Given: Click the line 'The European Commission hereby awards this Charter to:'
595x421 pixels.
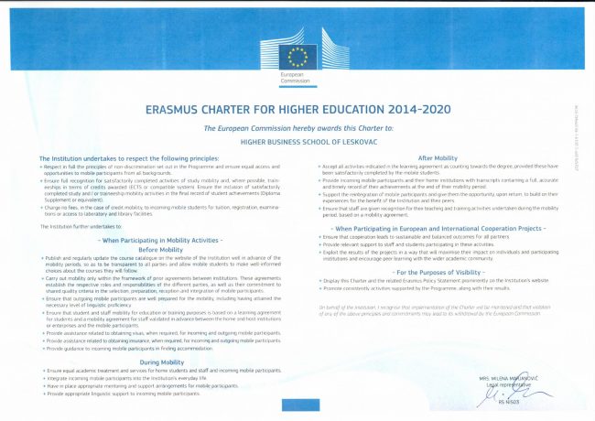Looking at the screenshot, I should (x=297, y=128).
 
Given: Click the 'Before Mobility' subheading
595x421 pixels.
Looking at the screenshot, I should (x=160, y=248).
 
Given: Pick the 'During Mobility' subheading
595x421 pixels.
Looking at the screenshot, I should (x=160, y=360).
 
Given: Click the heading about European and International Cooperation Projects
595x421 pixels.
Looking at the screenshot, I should (x=437, y=227).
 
